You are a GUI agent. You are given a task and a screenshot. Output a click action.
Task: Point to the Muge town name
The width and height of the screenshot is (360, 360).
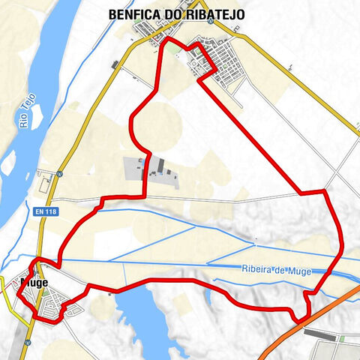(35, 283)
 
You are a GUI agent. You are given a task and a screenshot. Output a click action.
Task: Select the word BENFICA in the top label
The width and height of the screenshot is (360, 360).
(133, 14)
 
